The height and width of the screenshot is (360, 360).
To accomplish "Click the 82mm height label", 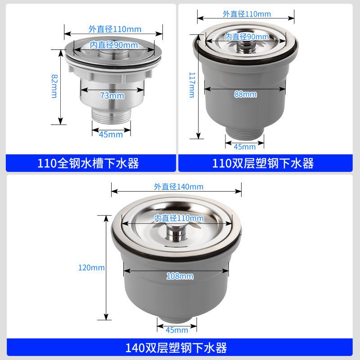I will [x=54, y=87].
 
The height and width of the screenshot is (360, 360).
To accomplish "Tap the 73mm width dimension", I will [x=112, y=96].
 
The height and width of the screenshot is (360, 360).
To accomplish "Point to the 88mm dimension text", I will [x=245, y=94].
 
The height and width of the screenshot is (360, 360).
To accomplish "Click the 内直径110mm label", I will [x=179, y=218].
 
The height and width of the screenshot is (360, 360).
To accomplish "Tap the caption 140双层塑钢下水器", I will [x=176, y=347].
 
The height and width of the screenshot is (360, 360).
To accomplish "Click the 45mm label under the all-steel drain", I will [x=111, y=134].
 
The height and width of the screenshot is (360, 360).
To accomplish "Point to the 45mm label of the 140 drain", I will [x=176, y=330].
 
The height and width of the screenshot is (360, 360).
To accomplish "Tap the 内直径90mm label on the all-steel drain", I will [x=114, y=45].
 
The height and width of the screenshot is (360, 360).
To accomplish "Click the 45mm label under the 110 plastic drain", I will [x=245, y=146].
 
